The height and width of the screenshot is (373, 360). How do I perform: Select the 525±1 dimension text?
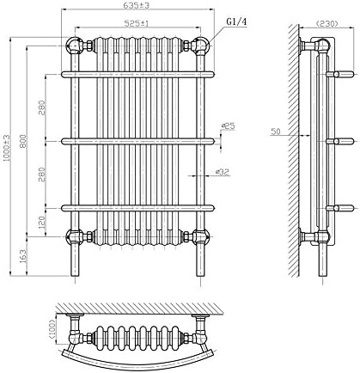[137, 24]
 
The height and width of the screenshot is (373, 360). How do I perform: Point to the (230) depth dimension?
[326, 23]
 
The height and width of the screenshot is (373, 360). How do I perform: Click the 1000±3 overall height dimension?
[8, 147]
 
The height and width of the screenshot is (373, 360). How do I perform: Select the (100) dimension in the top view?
[53, 329]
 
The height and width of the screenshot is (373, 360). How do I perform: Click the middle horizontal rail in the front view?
[137, 139]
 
